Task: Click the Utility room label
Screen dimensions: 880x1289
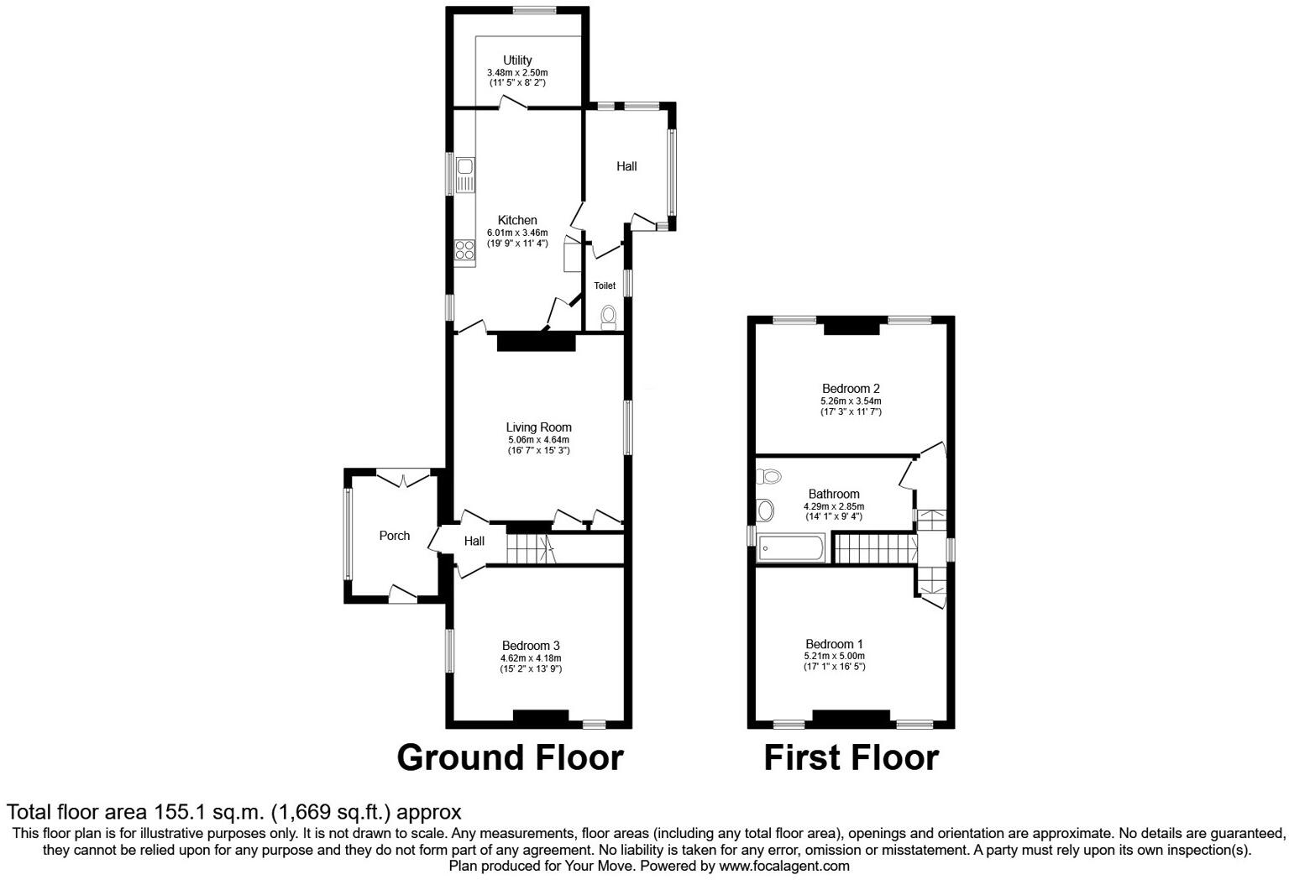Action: (517, 60)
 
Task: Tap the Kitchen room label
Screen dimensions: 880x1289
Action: (517, 221)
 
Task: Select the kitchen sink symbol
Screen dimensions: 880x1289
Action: (464, 174)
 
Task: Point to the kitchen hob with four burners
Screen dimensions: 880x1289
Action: (464, 249)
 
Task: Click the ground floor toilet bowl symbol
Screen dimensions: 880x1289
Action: (609, 317)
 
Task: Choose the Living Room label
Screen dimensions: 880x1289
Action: (538, 427)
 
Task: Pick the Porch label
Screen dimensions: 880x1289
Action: (395, 536)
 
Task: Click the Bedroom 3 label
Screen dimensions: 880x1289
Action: (531, 646)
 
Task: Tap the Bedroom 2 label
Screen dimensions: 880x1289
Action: (851, 389)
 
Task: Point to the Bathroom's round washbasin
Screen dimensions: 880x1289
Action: (766, 510)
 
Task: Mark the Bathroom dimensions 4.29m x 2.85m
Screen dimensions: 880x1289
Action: (834, 506)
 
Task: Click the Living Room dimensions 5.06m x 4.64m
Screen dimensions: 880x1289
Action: (538, 439)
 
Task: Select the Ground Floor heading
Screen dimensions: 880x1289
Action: (510, 757)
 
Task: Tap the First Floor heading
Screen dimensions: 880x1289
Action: (851, 757)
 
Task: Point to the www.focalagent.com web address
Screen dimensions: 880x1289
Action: (783, 866)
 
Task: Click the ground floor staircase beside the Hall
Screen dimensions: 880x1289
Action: (530, 550)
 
